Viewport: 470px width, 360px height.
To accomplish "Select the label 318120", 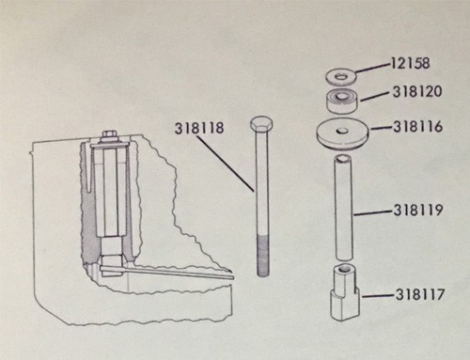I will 416,95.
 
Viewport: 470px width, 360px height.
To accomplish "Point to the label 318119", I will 418,212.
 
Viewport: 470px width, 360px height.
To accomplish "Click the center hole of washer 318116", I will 339,130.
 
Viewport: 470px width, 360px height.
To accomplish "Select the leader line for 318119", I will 373,213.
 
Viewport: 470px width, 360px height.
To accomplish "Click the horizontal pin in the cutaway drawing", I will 179,274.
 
